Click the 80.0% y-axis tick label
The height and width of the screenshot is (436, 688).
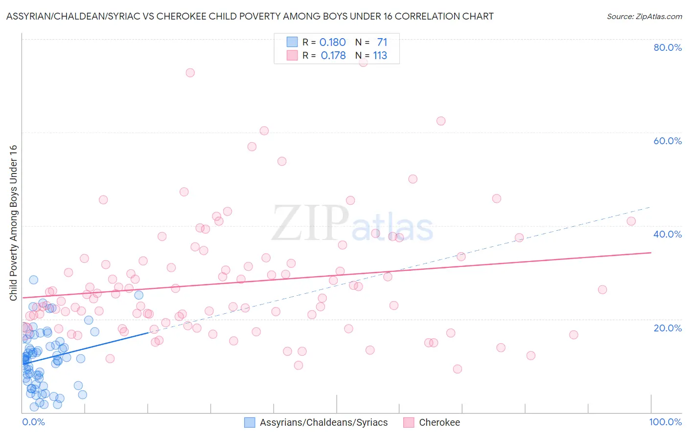click(x=667, y=47)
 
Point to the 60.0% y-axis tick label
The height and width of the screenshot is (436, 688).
click(x=667, y=141)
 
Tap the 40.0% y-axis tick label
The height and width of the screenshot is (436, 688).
click(x=667, y=234)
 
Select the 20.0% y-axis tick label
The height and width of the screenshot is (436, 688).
click(x=667, y=328)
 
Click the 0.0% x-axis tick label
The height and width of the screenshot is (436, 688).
click(x=33, y=422)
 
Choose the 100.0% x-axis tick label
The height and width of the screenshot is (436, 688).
click(x=665, y=422)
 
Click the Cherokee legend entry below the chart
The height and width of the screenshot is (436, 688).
click(x=439, y=422)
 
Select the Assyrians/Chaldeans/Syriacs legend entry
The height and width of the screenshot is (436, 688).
click(x=323, y=422)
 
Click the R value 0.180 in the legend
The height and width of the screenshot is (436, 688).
click(x=332, y=42)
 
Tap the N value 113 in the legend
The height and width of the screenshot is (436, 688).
click(x=380, y=56)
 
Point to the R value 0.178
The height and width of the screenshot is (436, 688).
click(x=333, y=56)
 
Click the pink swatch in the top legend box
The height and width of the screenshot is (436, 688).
click(x=292, y=55)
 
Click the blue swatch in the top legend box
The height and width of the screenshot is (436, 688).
click(x=292, y=42)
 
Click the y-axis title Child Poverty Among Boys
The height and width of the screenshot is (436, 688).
click(x=13, y=223)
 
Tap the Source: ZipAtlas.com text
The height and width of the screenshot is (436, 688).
click(x=644, y=16)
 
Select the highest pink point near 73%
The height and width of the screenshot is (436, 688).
click(x=190, y=73)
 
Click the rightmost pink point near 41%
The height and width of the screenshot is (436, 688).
click(x=631, y=221)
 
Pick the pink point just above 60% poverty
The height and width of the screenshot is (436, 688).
click(x=264, y=131)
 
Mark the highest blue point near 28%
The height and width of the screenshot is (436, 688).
click(x=34, y=280)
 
